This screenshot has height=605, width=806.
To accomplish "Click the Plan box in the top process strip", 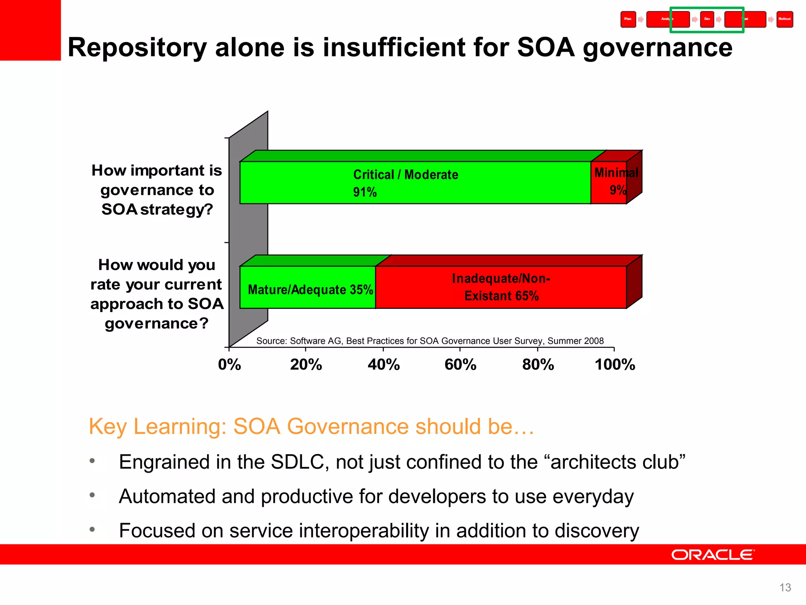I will (628, 19).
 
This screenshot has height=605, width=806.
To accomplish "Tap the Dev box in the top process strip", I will (707, 19).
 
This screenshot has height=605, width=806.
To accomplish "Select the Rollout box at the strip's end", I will (785, 19).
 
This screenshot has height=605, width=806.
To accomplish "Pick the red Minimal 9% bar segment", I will (608, 183).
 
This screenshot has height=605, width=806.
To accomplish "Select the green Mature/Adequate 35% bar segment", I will (307, 288).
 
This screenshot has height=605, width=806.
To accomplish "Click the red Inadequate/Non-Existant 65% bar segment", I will (501, 288).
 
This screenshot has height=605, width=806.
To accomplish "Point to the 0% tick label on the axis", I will (229, 365).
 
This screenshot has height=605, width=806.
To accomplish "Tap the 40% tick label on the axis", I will (384, 365).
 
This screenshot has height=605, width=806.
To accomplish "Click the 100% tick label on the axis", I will (615, 365).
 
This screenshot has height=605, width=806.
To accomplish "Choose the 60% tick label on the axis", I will (460, 365).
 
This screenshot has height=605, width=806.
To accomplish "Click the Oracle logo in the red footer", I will (713, 555).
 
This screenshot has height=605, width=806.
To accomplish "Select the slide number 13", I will (785, 588).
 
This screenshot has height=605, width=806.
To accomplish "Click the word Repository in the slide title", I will (137, 48).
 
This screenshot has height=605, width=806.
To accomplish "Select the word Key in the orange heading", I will (107, 427).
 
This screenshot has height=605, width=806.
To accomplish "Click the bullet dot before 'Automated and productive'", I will (92, 495).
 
